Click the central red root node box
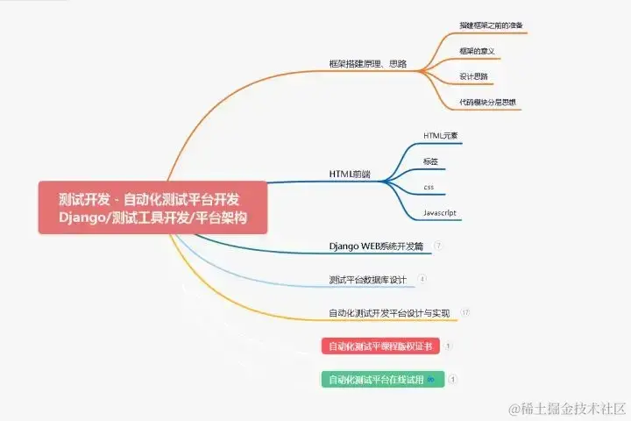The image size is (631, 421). tap(152, 208)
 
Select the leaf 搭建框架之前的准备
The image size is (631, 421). tap(491, 25)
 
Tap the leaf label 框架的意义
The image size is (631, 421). tap(478, 51)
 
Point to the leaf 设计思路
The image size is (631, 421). tap(474, 76)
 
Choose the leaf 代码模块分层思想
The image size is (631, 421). tap(488, 103)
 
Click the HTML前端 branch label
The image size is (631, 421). tap(350, 175)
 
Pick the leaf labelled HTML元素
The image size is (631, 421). tap(441, 136)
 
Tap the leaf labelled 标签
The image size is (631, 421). tap(430, 161)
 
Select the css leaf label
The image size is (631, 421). tap(429, 187)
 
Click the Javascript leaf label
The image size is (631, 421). tap(439, 213)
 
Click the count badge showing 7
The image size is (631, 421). tap(438, 246)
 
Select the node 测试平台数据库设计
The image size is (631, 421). tap(368, 280)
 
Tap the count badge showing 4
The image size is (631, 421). tap(422, 280)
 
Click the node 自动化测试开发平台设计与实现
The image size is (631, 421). tap(389, 312)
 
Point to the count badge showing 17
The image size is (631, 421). tap(465, 312)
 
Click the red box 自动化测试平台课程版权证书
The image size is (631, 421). tap(380, 346)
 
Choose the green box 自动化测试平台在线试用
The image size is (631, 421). tap(382, 380)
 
